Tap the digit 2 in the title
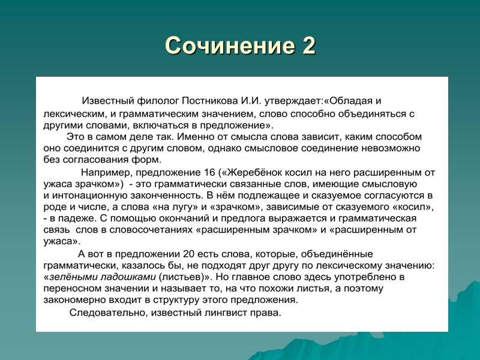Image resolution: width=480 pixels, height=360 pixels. (307, 46)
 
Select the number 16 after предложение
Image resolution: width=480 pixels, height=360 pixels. (208, 172)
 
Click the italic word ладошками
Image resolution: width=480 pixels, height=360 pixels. (127, 277)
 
